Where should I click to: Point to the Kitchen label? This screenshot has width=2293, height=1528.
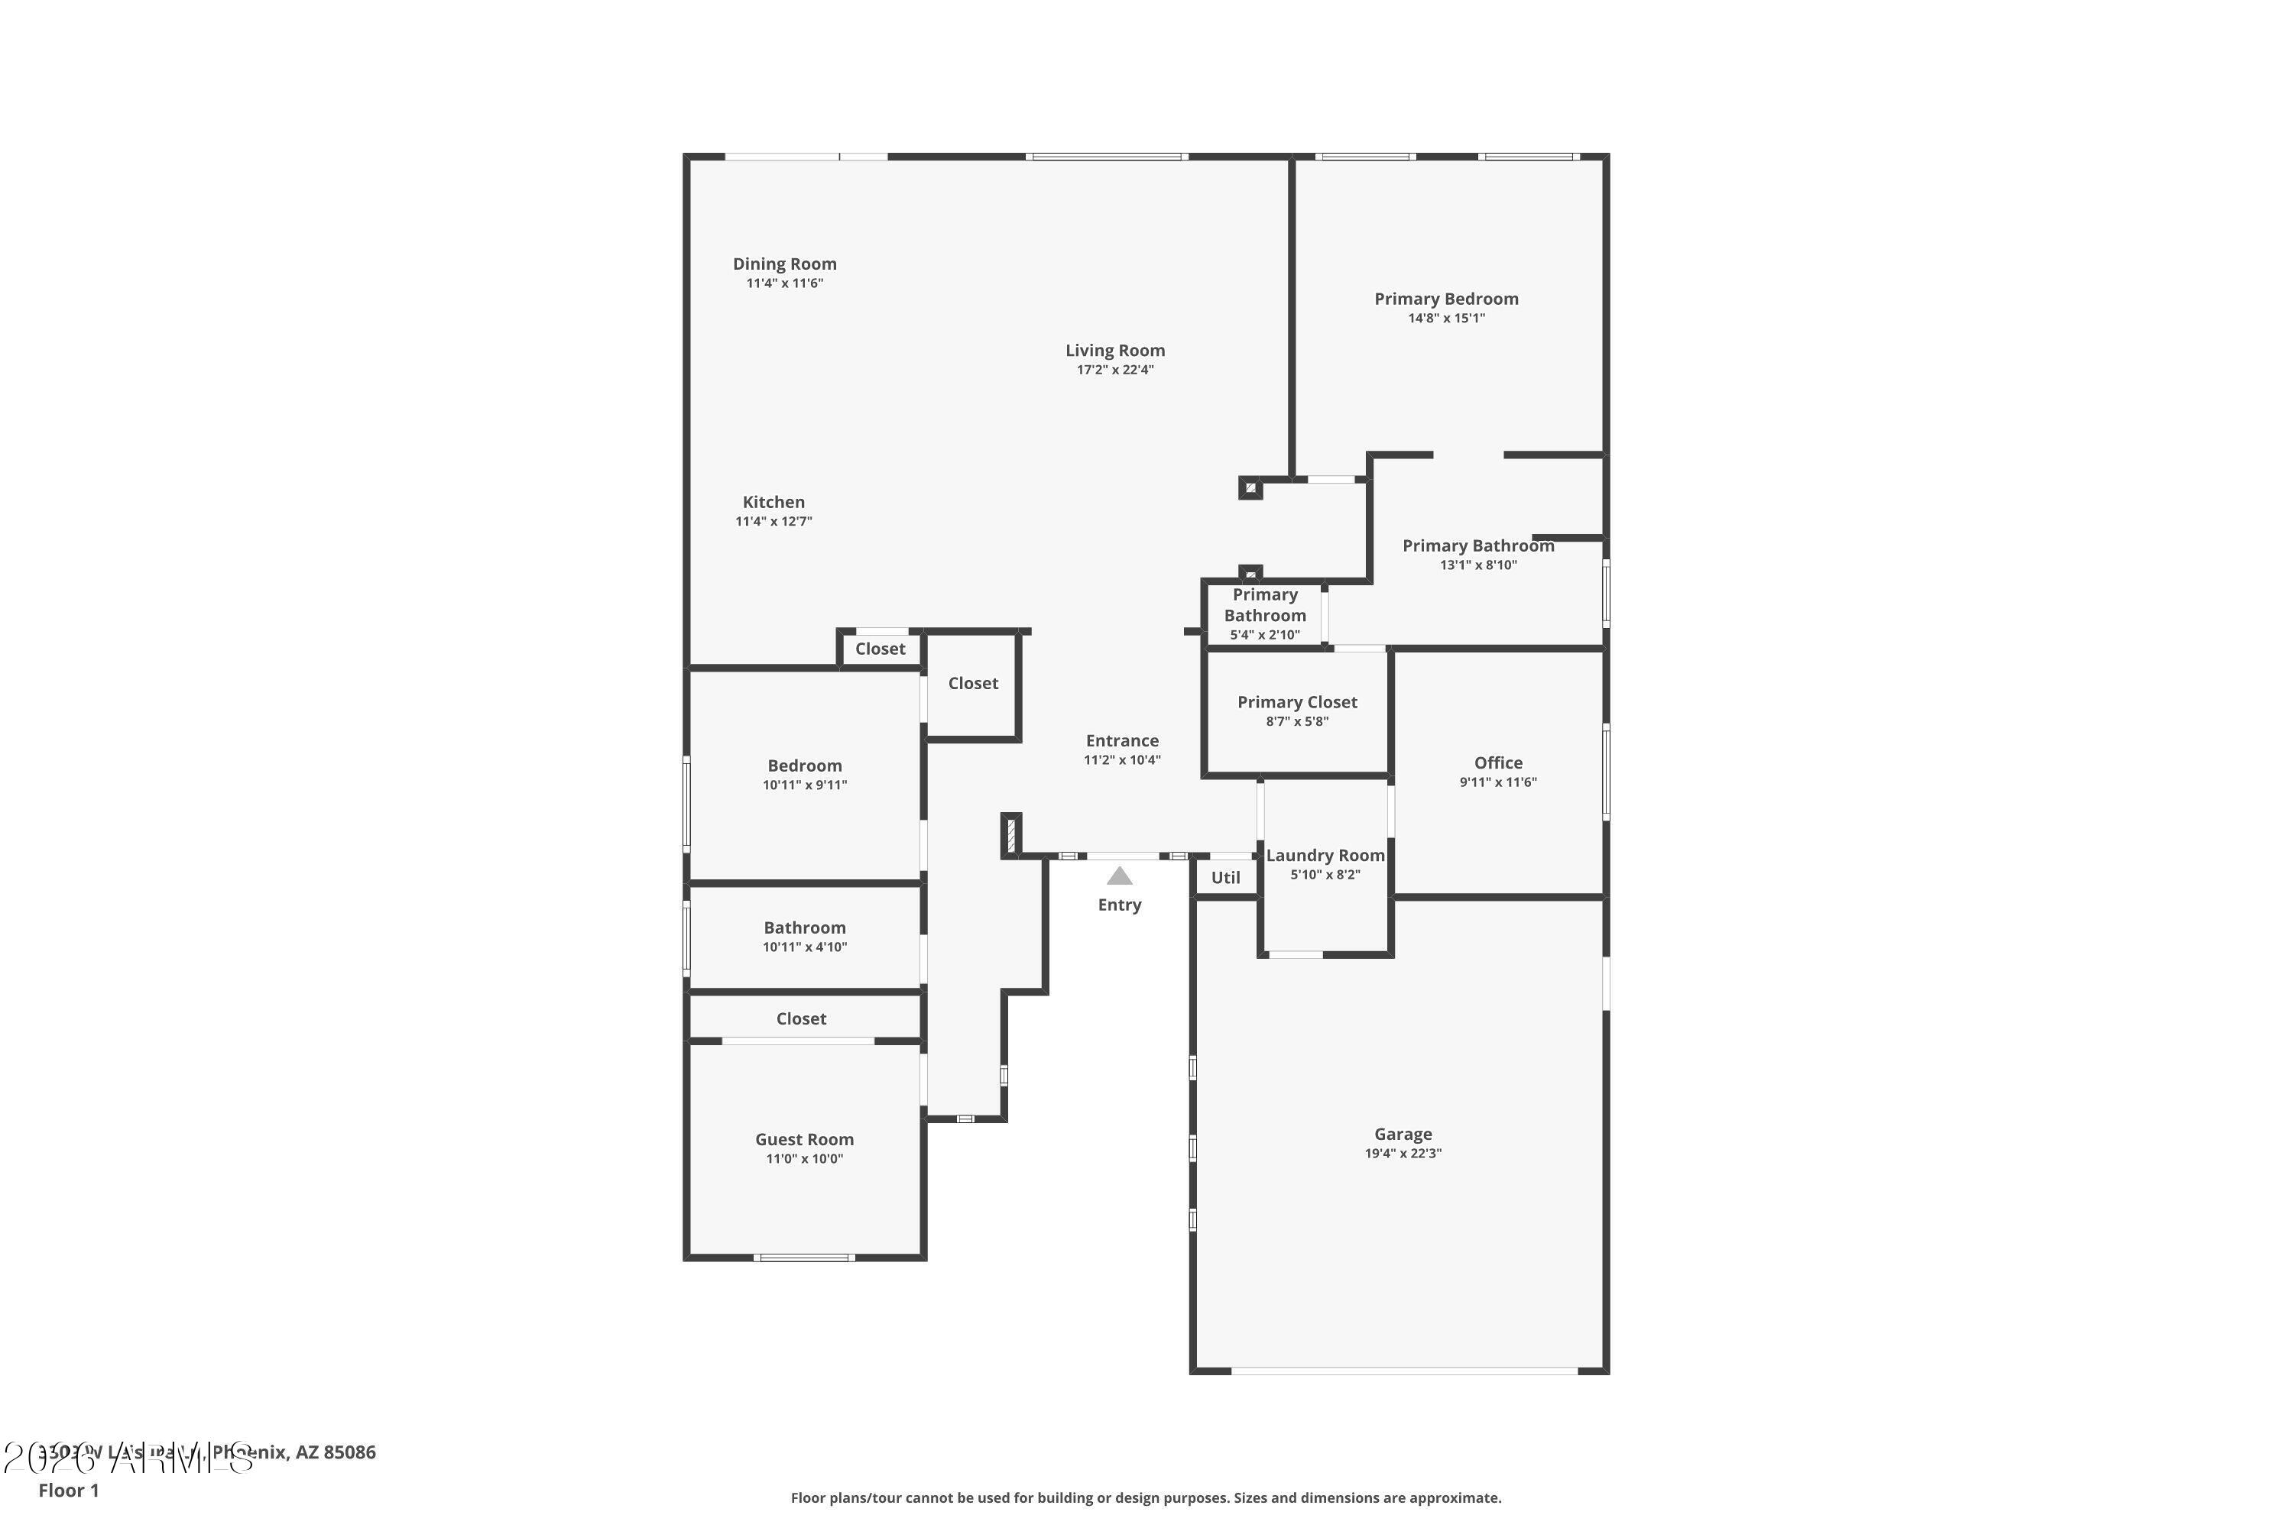coord(773,503)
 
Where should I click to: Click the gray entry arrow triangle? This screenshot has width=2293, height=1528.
coord(1119,876)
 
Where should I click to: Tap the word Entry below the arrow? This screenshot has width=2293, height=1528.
coord(1119,905)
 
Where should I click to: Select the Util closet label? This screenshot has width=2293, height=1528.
coord(1224,878)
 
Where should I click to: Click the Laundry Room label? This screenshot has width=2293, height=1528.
coord(1324,856)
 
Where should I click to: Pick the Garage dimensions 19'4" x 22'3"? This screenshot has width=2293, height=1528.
coord(1402,1154)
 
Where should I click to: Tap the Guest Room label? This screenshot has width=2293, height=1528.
coord(803,1140)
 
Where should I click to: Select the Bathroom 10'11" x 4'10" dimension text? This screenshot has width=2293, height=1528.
coord(804,947)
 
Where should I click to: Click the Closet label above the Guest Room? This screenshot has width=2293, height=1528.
coord(800,1019)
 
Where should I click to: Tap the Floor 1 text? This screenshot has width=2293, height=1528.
coord(68,1490)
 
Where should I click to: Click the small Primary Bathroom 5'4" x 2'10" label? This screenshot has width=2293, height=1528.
coord(1264,615)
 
